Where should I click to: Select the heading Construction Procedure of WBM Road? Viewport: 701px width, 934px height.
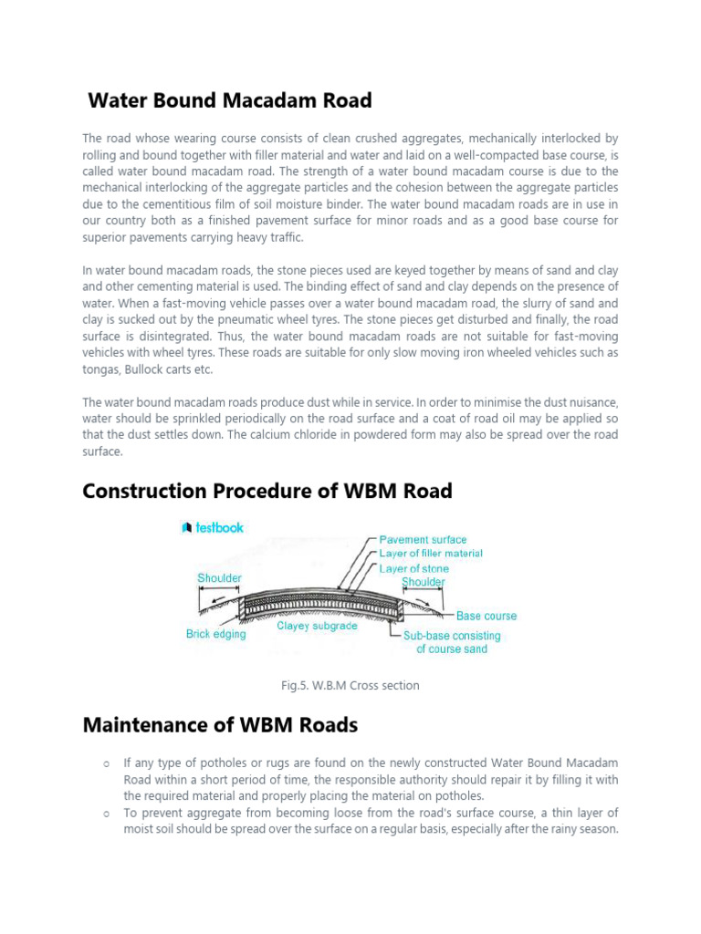click(x=267, y=491)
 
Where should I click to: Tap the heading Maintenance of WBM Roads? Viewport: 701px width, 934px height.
click(x=220, y=725)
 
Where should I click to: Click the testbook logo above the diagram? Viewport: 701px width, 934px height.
click(x=213, y=526)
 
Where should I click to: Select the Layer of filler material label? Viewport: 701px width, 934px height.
click(x=431, y=554)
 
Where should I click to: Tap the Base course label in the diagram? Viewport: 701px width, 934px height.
click(x=487, y=617)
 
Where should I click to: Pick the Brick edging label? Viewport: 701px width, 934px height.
click(x=216, y=634)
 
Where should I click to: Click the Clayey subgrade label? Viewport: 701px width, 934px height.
click(x=316, y=627)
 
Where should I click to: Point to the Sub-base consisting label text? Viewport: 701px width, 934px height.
click(x=452, y=636)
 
